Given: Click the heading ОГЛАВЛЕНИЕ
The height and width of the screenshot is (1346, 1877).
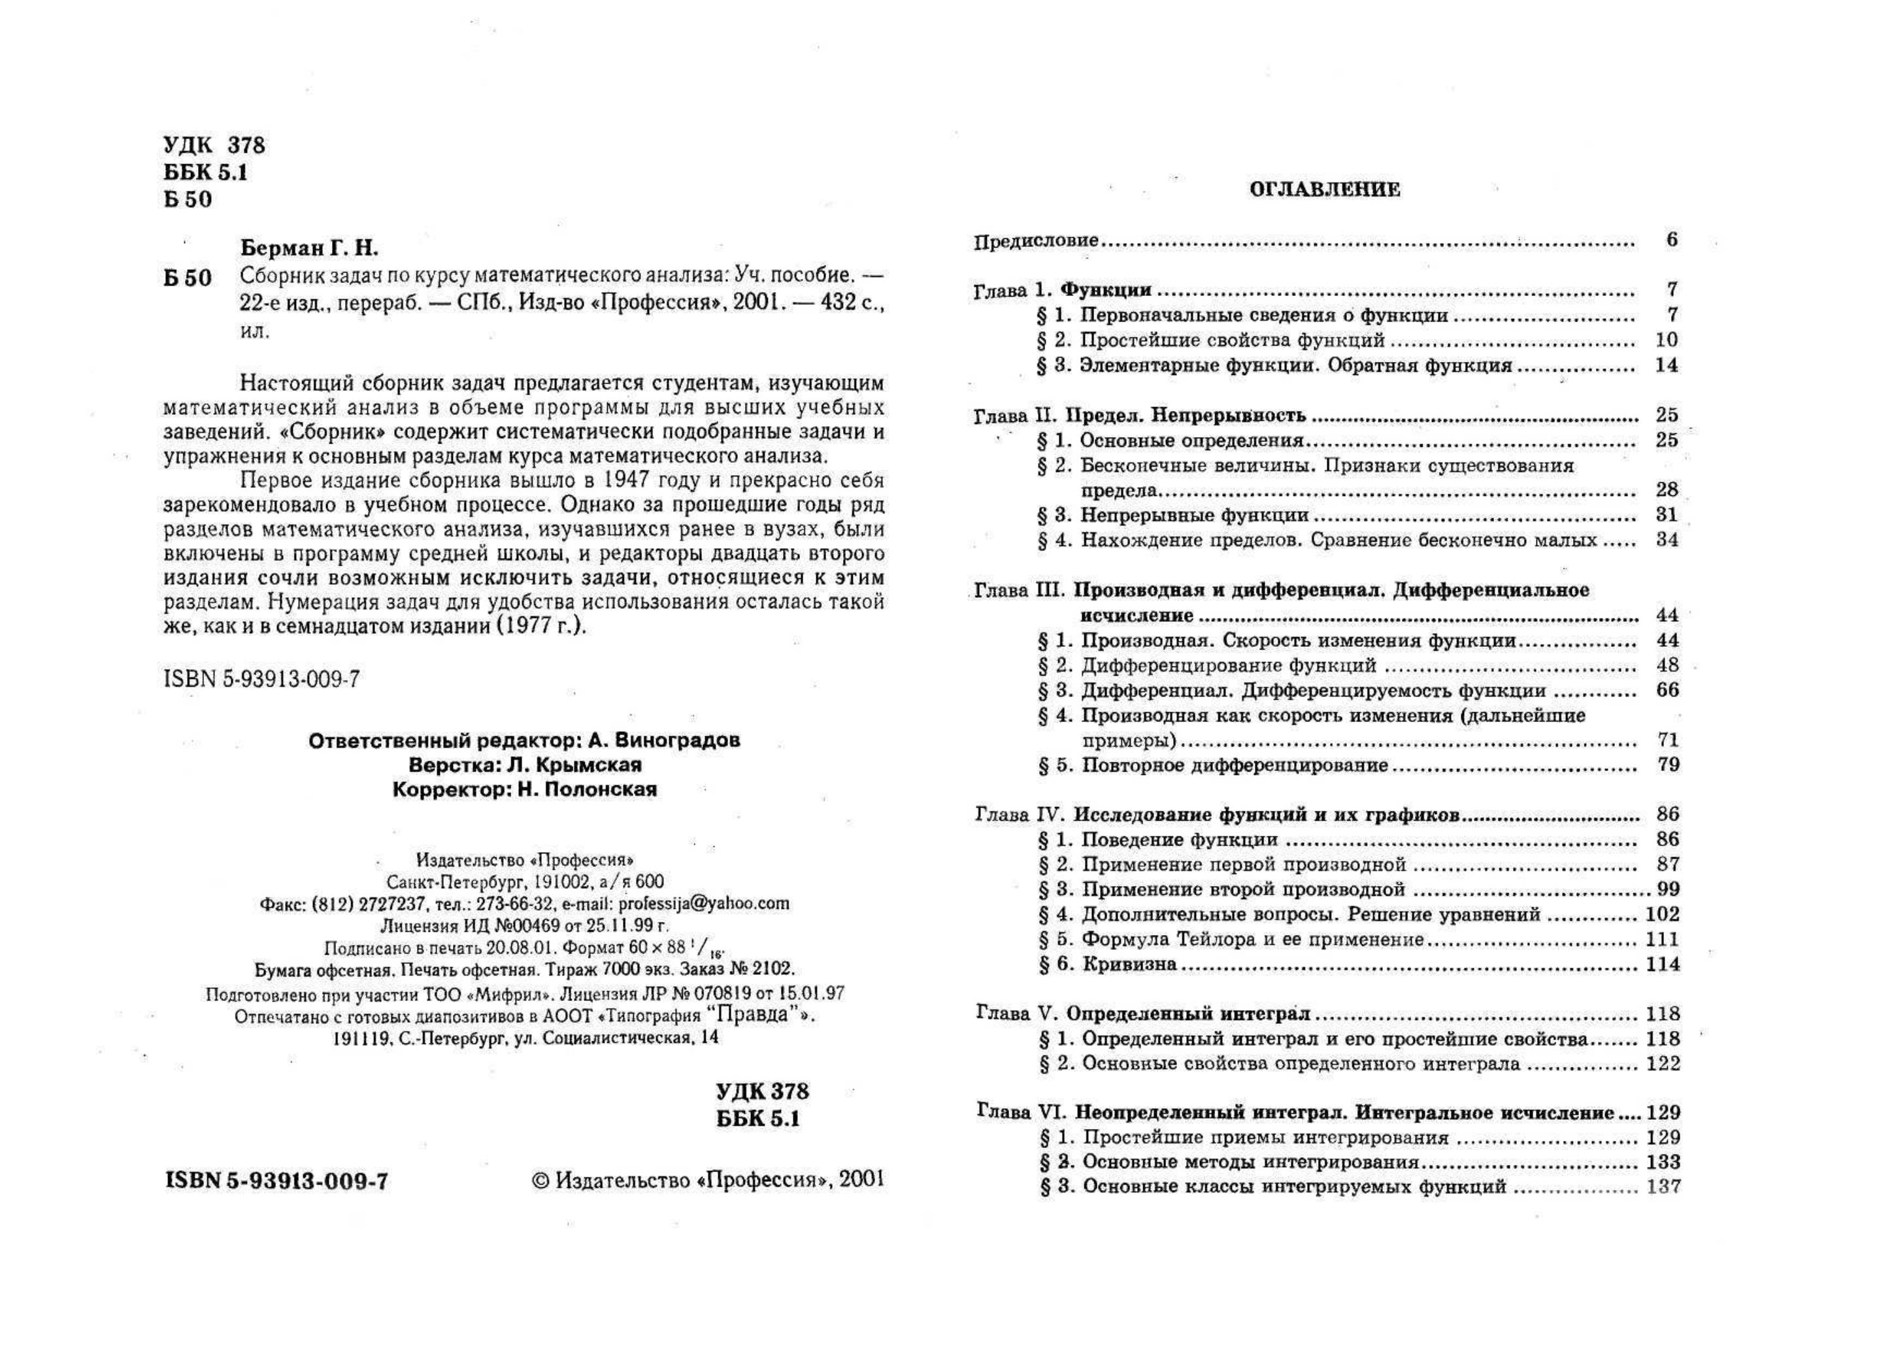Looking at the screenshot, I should pos(1324,189).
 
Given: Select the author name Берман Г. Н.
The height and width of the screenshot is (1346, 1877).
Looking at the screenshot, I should pos(308,248).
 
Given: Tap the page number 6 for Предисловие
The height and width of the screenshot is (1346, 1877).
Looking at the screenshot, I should pos(1672,240).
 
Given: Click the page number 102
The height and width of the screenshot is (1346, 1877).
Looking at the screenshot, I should pos(1663,914).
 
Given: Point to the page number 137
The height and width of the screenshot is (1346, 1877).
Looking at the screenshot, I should pos(1663,1187).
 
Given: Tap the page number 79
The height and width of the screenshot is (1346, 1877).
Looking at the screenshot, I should pos(1669,764).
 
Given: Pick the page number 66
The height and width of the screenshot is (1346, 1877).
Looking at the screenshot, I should pos(1668,690).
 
